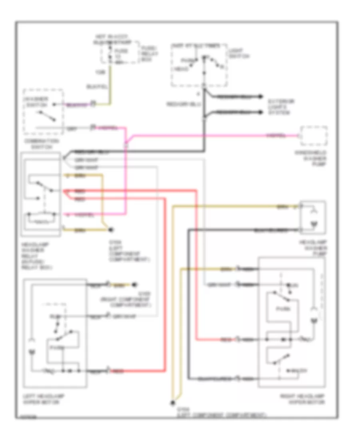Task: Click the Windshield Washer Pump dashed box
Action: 314,136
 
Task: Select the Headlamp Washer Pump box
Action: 313,217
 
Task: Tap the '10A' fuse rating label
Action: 98,73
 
